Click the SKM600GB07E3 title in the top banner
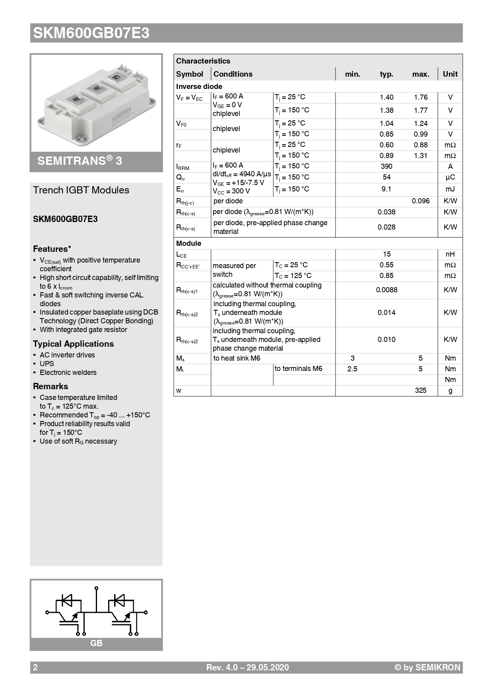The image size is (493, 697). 91,33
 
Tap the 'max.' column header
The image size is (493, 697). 420,74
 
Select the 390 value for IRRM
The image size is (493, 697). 386,166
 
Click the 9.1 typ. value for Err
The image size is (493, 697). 386,189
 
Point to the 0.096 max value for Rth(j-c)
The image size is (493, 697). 420,201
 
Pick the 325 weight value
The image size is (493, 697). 420,390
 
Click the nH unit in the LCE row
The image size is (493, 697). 450,254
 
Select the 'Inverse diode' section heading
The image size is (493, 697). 199,87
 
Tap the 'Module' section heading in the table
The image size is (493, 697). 188,243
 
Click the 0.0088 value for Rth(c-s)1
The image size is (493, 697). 386,290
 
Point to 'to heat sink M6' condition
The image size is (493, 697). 237,358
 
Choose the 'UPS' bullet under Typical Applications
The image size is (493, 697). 47,364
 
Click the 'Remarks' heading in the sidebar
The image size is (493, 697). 50,386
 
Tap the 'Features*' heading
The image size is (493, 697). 52,249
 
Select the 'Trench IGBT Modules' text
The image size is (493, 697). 81,190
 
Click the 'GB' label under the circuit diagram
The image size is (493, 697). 96,643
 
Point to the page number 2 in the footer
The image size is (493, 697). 35,668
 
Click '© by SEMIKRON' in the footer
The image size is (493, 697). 427,668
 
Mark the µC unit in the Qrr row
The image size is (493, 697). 450,177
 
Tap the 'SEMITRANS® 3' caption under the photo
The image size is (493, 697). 80,161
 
